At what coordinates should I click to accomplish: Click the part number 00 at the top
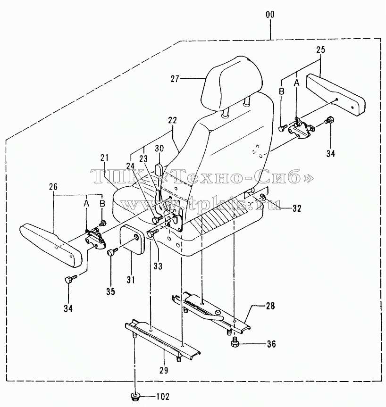coord(270,14)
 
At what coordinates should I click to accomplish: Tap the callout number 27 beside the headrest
coord(175,79)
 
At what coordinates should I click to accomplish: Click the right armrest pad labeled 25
coord(336,94)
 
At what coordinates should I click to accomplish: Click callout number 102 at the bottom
coord(163,397)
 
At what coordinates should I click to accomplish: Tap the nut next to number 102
coord(134,396)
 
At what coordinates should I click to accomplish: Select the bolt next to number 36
coord(235,342)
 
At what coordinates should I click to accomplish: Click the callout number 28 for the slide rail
coord(270,306)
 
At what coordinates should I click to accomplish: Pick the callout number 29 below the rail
coord(164,370)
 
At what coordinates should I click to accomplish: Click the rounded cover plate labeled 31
coord(132,239)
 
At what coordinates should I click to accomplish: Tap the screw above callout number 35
coord(112,252)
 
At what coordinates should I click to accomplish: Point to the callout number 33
coord(158,266)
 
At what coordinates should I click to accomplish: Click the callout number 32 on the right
coord(297,208)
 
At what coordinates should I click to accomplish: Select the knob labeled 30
coord(159,169)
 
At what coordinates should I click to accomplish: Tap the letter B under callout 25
coord(282,91)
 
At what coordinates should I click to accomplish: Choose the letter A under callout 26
coord(86,204)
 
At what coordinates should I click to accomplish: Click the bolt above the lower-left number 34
coord(70,280)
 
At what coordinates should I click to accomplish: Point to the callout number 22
coord(172,120)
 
